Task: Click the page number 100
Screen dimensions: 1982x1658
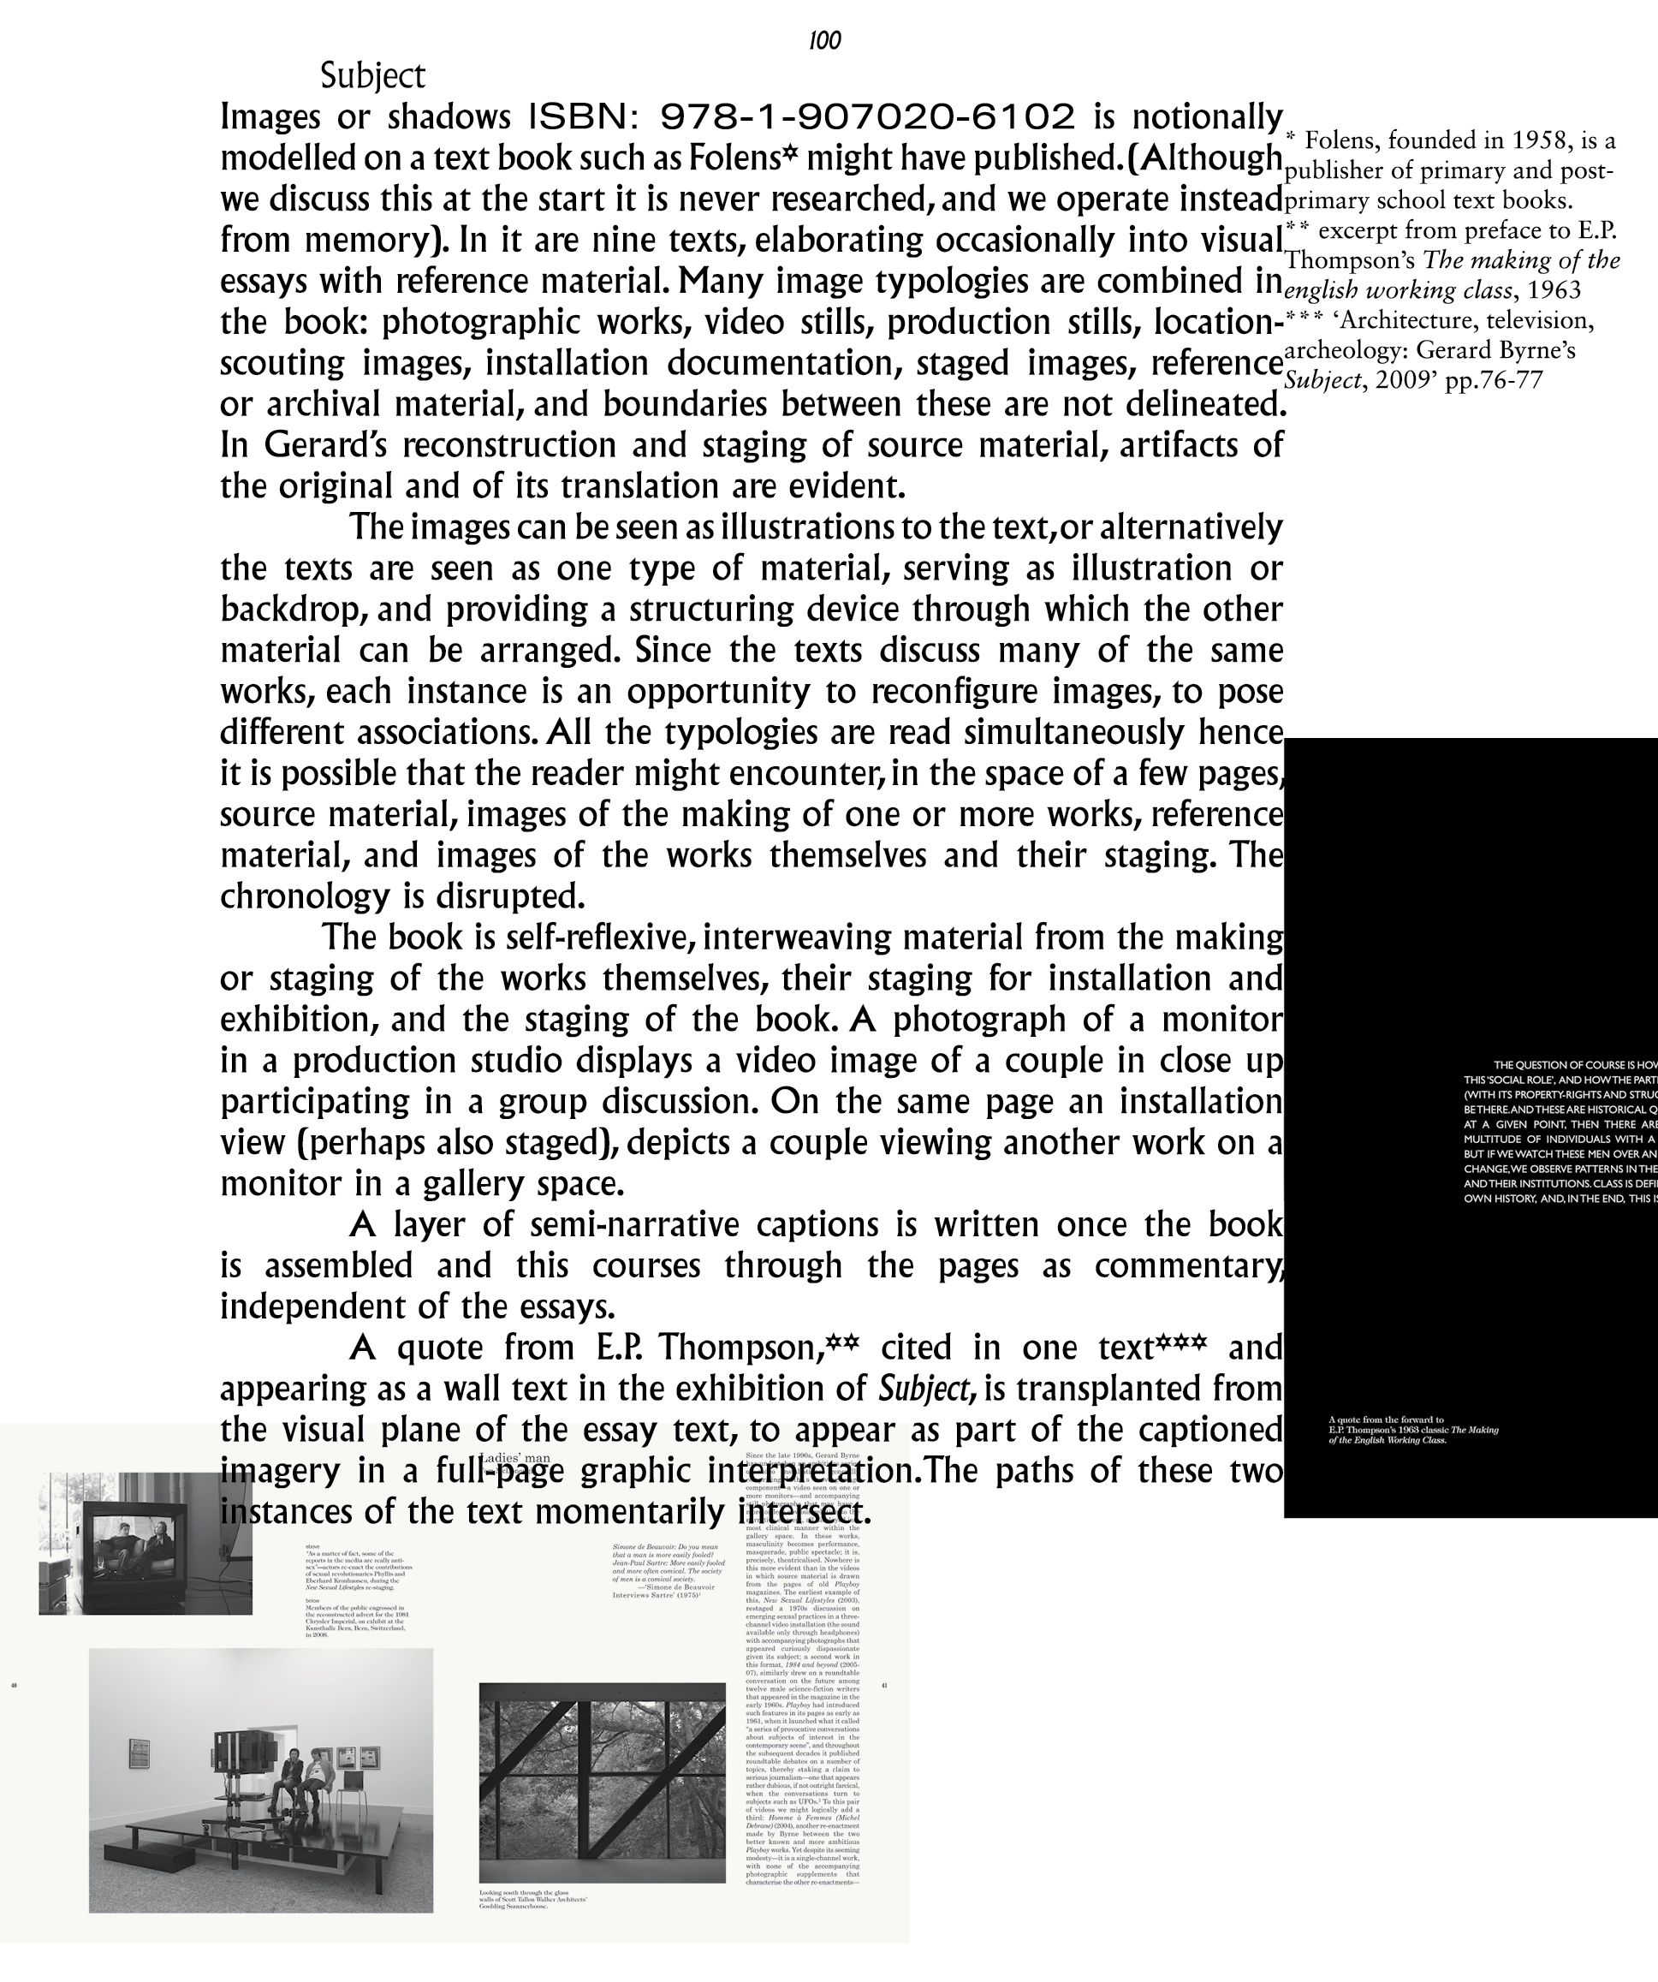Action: [x=825, y=40]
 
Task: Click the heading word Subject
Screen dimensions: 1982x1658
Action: [x=372, y=76]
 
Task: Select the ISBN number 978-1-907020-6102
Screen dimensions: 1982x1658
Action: [x=867, y=117]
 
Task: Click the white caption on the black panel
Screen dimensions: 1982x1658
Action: [x=1412, y=1431]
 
